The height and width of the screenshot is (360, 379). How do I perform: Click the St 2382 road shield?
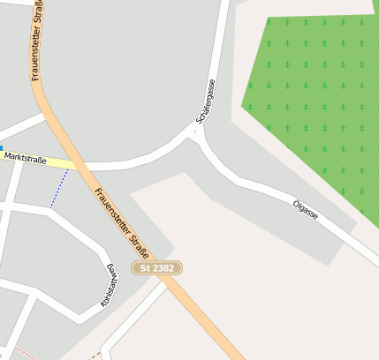point(158,266)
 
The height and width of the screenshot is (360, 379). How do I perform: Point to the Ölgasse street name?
point(306,209)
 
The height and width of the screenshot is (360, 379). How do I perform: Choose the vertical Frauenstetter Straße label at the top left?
point(38,40)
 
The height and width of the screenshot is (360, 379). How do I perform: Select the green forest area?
point(314,97)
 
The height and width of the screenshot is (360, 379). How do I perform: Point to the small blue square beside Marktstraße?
point(2,148)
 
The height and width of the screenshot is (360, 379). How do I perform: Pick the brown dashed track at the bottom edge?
point(95,356)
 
